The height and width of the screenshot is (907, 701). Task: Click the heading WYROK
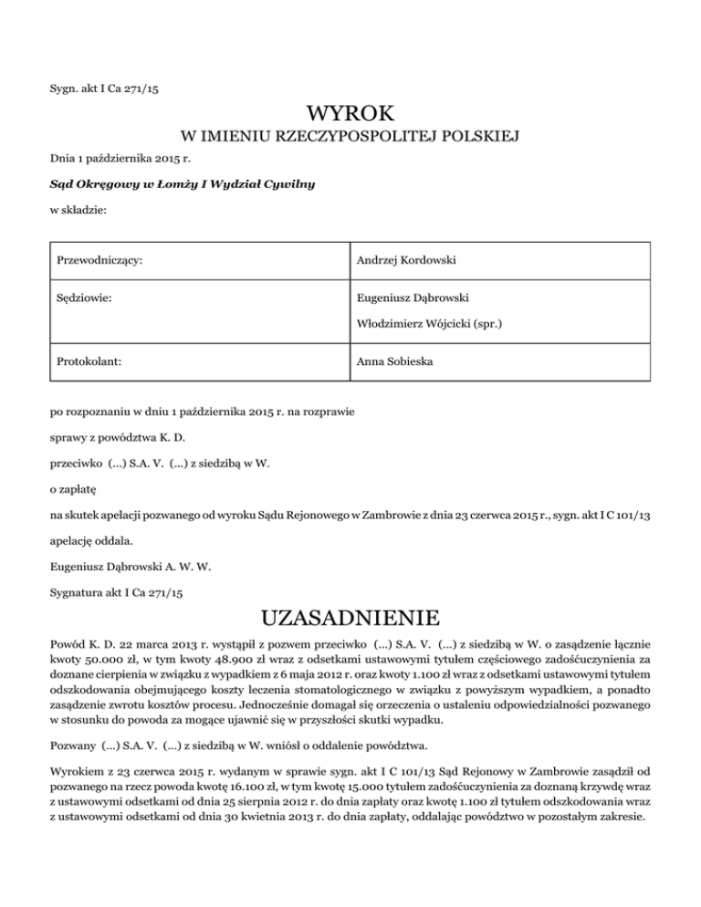click(x=350, y=114)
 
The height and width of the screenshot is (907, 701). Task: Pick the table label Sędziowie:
click(x=81, y=297)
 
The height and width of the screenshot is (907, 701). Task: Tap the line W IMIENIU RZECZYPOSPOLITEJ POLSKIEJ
click(x=350, y=139)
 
